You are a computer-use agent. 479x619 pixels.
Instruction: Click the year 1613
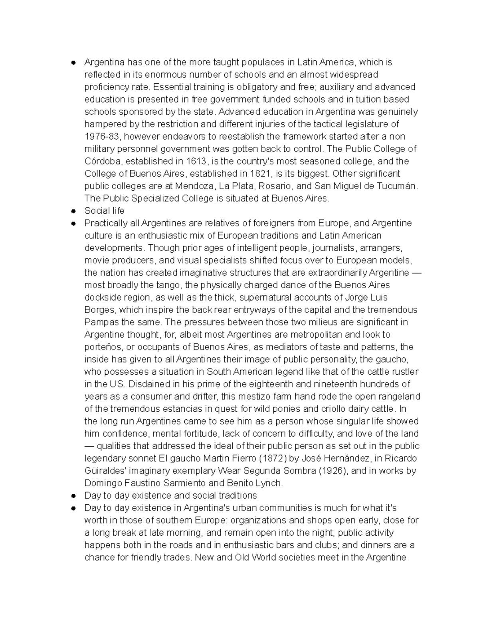[x=197, y=161]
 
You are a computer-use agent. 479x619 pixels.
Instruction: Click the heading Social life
[x=104, y=211]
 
